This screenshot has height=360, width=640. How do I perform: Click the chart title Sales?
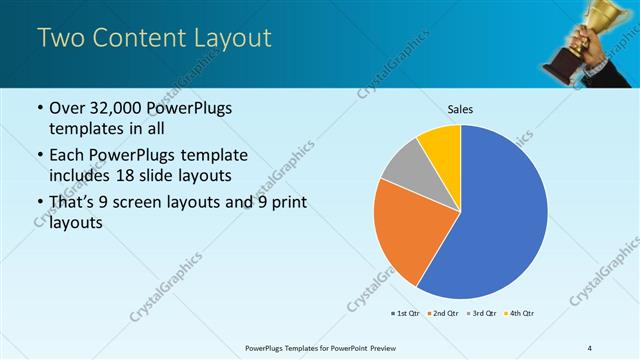(460, 110)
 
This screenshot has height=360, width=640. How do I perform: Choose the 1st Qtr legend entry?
(406, 314)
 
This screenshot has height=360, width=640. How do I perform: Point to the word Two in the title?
(61, 39)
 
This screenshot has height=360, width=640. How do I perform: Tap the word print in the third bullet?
(286, 204)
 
